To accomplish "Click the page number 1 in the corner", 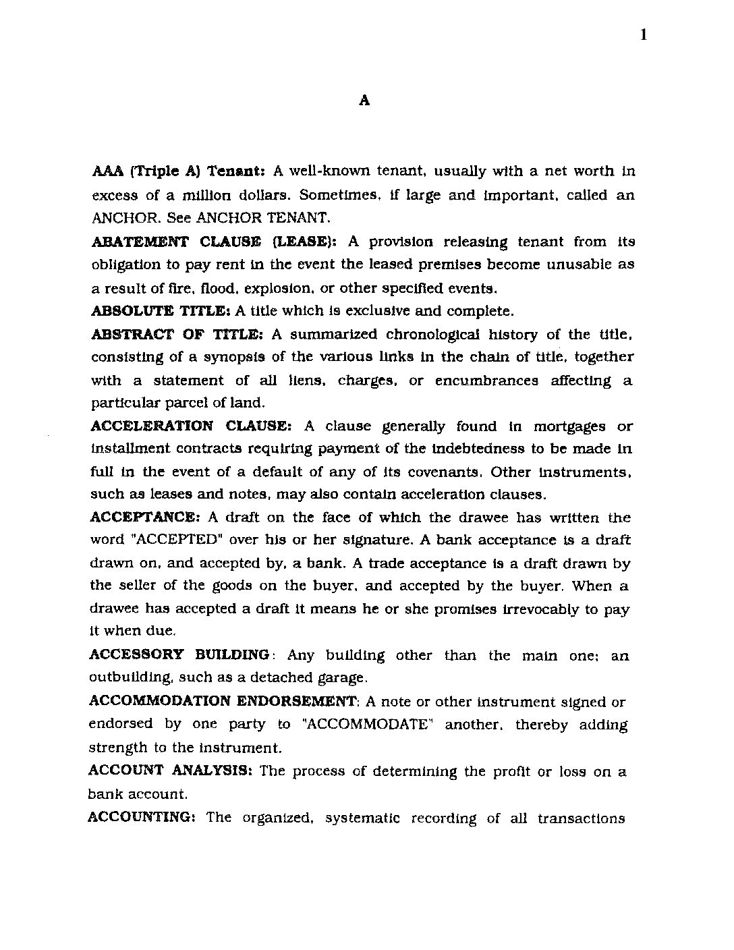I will pos(644,35).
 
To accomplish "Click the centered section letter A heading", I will pos(364,101).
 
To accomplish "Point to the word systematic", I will pos(362,818).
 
